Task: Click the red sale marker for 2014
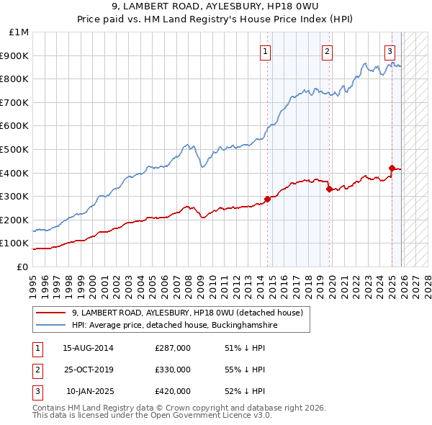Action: click(267, 199)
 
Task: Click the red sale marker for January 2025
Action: click(392, 168)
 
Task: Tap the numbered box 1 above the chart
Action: click(266, 51)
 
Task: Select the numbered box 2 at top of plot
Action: click(327, 51)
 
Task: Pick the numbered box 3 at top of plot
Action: click(390, 51)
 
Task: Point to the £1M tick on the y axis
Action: click(19, 32)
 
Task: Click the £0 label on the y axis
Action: click(22, 267)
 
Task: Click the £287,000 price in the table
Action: click(173, 348)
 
